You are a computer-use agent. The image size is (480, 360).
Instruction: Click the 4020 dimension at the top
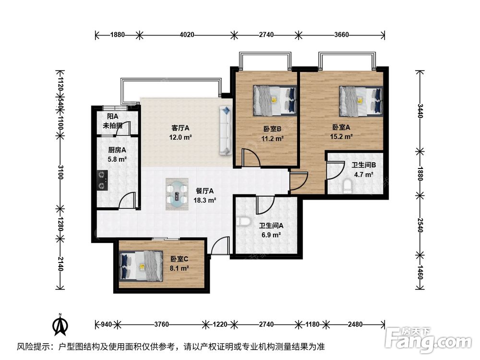pyautogui.click(x=187, y=35)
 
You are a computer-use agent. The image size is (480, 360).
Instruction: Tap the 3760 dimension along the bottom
pyautogui.click(x=161, y=324)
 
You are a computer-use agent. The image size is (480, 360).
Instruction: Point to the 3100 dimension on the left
pyautogui.click(x=60, y=172)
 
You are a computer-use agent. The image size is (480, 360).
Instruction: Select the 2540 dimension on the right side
pyautogui.click(x=420, y=225)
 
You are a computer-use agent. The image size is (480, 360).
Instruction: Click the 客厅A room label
pyautogui.click(x=180, y=128)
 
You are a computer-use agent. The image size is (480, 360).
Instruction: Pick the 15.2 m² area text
pyautogui.click(x=341, y=136)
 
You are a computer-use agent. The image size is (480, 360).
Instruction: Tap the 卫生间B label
pyautogui.click(x=364, y=165)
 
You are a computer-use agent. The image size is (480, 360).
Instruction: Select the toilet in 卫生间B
pyautogui.click(x=348, y=186)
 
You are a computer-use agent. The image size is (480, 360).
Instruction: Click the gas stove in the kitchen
pyautogui.click(x=103, y=180)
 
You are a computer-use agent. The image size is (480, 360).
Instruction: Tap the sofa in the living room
pyautogui.click(x=226, y=131)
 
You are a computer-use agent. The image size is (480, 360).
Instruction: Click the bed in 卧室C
pyautogui.click(x=141, y=265)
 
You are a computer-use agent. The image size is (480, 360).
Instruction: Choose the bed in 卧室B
pyautogui.click(x=275, y=100)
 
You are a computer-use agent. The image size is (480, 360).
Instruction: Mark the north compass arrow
pyautogui.click(x=60, y=324)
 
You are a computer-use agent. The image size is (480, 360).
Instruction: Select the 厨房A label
pyautogui.click(x=117, y=150)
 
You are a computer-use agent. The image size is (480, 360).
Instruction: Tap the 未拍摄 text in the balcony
pyautogui.click(x=113, y=125)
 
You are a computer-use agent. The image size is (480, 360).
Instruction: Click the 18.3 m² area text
pyautogui.click(x=205, y=201)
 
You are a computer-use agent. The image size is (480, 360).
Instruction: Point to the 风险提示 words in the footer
pyautogui.click(x=35, y=347)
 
